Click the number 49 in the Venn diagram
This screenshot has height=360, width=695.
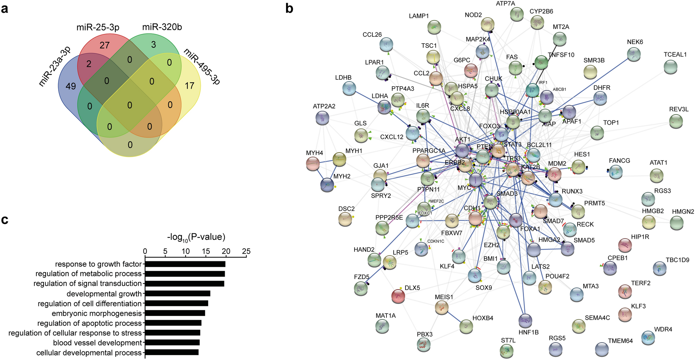click(x=71, y=86)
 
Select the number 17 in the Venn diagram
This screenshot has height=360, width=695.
click(x=189, y=85)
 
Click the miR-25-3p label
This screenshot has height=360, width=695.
click(x=98, y=27)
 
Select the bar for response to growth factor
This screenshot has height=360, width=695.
click(x=185, y=264)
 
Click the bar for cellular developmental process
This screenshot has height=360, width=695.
click(x=172, y=353)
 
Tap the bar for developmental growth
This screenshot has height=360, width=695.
click(x=177, y=294)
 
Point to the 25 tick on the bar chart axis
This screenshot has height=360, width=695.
click(x=246, y=251)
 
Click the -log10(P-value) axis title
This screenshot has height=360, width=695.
click(x=196, y=237)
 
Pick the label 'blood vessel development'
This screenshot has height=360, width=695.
click(x=98, y=343)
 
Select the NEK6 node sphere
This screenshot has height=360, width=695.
click(x=633, y=54)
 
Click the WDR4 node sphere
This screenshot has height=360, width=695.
click(x=648, y=337)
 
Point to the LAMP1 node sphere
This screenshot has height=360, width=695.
click(x=434, y=27)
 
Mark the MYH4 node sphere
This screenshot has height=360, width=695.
click(x=313, y=164)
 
